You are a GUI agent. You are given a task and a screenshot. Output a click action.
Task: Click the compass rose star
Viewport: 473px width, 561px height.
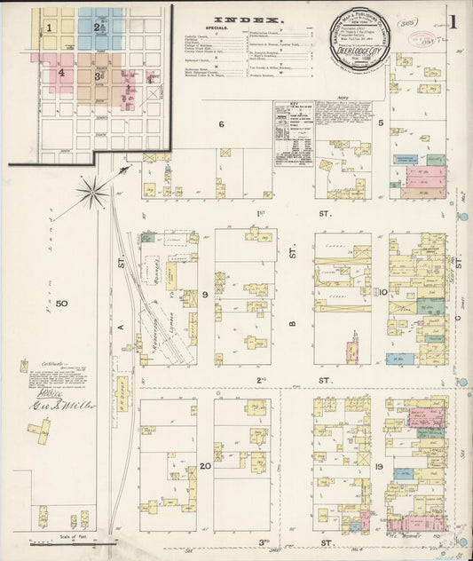point(91,190)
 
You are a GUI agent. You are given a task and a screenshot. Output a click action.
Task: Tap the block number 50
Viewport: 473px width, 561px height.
point(61,304)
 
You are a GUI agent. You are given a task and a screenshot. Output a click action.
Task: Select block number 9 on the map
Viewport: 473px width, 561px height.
point(204,294)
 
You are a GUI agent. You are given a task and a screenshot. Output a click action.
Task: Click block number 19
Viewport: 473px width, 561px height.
point(378,466)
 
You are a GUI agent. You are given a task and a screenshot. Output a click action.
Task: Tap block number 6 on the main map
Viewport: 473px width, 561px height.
point(221,123)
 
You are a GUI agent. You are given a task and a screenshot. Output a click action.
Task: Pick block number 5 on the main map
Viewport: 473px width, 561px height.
point(380,123)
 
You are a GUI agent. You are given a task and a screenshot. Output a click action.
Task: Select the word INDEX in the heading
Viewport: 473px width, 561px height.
point(249,19)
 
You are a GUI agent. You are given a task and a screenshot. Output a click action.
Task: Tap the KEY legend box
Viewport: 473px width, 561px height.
point(292,133)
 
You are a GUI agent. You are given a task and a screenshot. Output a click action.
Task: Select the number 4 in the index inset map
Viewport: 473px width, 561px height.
point(62,75)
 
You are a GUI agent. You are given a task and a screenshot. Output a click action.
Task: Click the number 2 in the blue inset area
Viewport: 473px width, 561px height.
point(97,28)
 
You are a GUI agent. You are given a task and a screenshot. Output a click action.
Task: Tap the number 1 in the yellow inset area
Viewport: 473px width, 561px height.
point(51,28)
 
